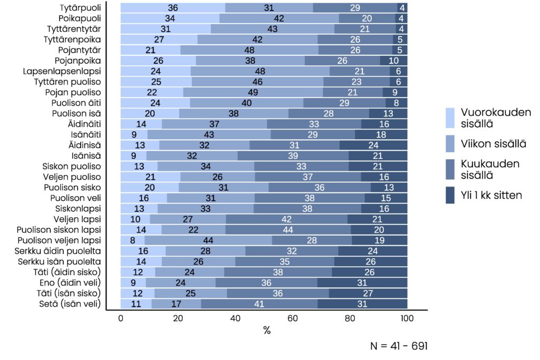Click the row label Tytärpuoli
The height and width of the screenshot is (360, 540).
click(x=81, y=8)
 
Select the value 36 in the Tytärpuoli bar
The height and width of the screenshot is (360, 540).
click(x=173, y=8)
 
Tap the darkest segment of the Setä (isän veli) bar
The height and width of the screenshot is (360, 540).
click(x=362, y=304)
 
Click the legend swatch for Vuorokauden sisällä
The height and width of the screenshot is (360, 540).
click(x=450, y=116)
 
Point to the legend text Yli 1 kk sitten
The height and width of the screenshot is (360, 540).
click(x=491, y=195)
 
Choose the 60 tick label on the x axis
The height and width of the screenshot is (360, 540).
click(x=293, y=318)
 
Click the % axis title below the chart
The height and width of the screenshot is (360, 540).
click(x=267, y=330)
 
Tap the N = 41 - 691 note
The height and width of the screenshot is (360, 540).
click(x=399, y=346)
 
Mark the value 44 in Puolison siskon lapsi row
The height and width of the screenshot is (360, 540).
click(x=288, y=230)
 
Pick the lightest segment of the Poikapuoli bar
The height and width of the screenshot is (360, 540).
click(x=170, y=18)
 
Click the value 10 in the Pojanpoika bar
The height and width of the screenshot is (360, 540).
click(x=393, y=61)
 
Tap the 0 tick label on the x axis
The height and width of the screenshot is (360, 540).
click(x=121, y=318)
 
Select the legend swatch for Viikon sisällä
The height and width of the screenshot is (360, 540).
click(x=450, y=143)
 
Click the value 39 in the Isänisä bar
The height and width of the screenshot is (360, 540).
click(x=293, y=155)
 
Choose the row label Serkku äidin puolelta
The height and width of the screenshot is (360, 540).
click(x=59, y=251)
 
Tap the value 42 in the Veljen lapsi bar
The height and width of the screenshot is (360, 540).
click(x=287, y=219)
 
